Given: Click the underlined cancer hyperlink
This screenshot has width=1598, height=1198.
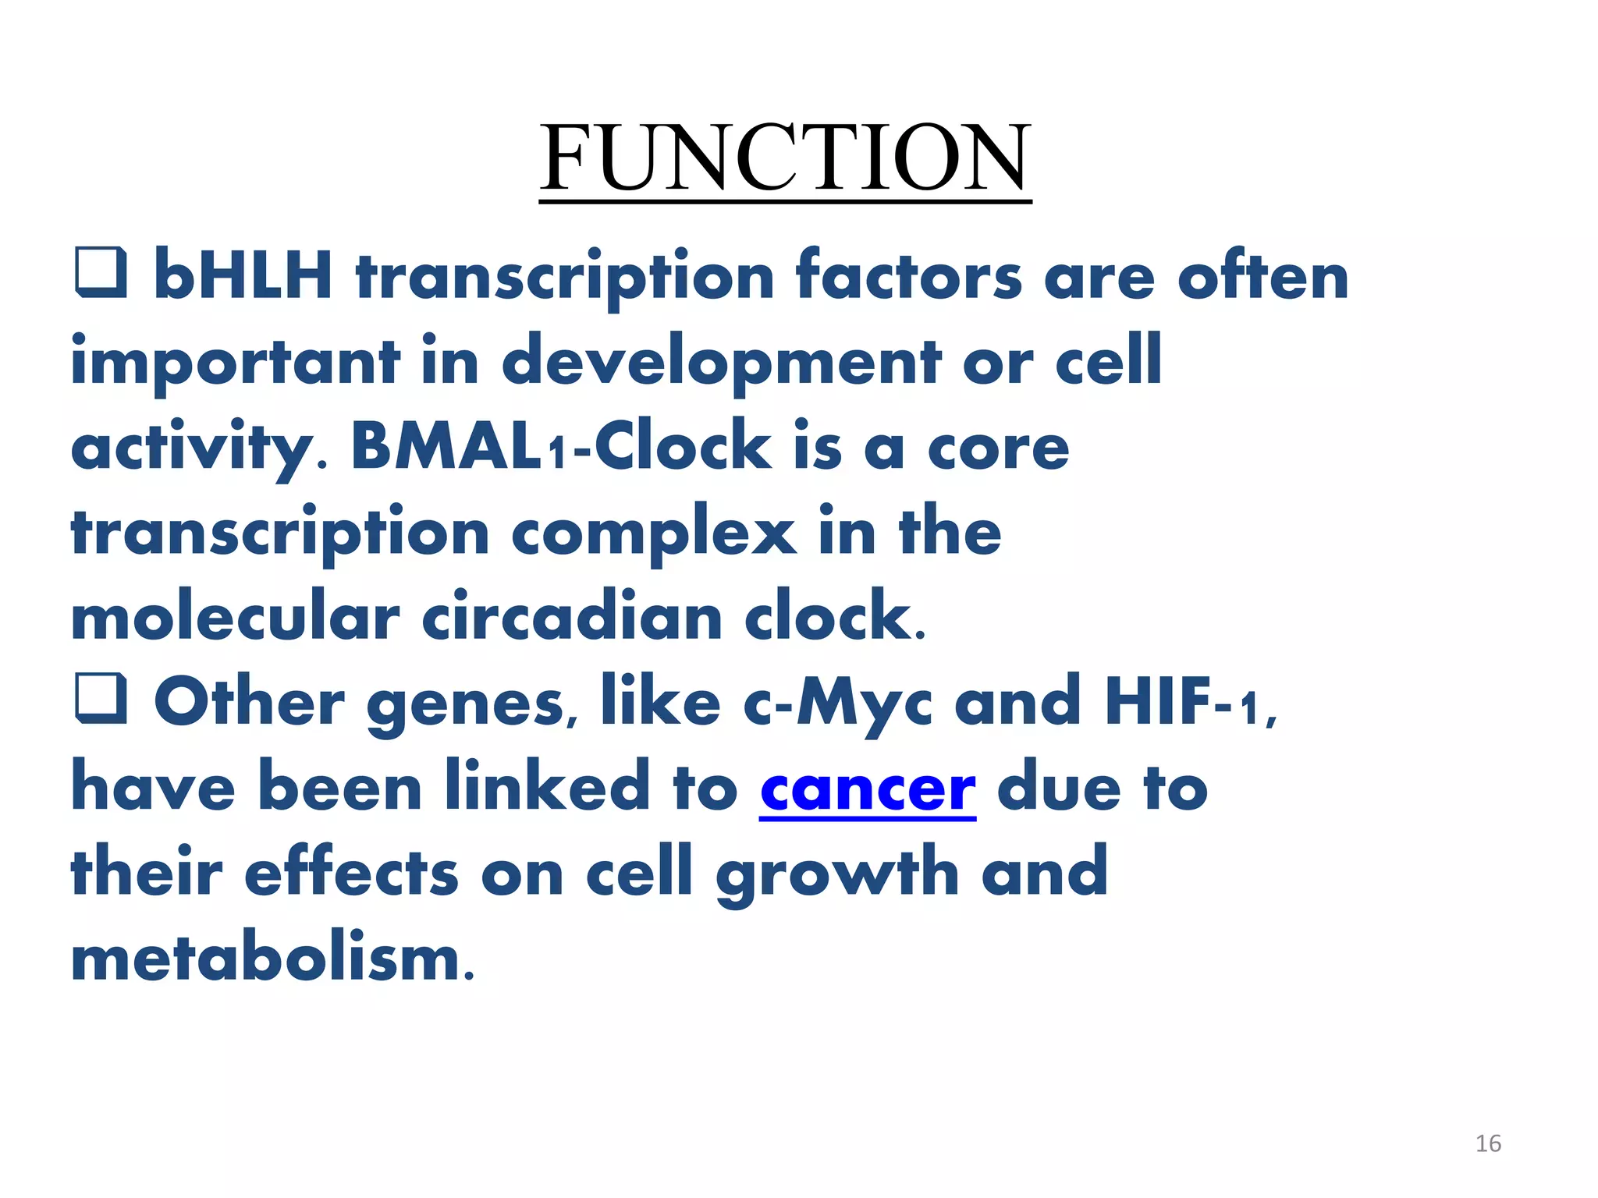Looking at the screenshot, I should (868, 789).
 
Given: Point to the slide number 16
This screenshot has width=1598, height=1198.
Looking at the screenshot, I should (1488, 1143).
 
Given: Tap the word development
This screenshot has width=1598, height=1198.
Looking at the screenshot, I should (722, 362).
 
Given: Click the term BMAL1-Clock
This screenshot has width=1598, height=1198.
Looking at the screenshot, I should (561, 446).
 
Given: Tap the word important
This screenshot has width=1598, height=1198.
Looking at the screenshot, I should (235, 362).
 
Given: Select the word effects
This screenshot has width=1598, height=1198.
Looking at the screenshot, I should (351, 872).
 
